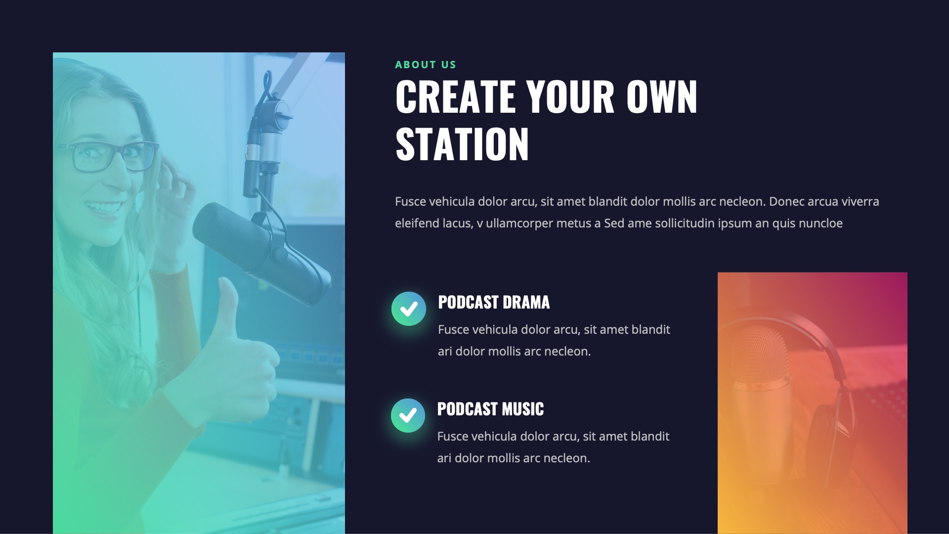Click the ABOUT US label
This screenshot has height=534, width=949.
coord(425,65)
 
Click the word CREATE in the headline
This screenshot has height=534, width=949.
coord(455,97)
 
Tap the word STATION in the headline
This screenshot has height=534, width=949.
coord(462,144)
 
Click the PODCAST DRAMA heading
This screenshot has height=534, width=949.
coord(493,302)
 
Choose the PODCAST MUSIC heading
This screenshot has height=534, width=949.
coord(490,409)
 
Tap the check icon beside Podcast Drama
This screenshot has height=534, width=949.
coord(409,309)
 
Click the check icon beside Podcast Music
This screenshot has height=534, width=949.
coord(408,416)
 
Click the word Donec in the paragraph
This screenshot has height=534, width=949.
coord(786,202)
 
